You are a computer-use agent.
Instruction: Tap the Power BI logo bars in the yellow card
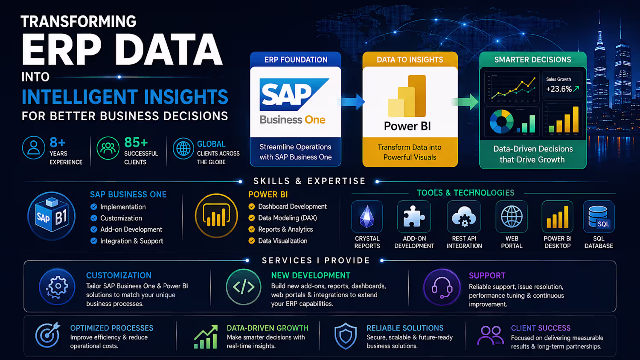pyautogui.click(x=407, y=96)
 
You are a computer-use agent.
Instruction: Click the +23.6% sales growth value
pyautogui.click(x=559, y=89)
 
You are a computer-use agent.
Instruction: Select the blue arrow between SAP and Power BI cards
pyautogui.click(x=353, y=102)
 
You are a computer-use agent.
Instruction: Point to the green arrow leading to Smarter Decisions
pyautogui.click(x=465, y=102)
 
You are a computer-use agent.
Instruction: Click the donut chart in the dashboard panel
pyautogui.click(x=501, y=122)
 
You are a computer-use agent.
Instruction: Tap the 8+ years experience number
pyautogui.click(x=58, y=142)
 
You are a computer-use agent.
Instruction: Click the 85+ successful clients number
pyautogui.click(x=136, y=142)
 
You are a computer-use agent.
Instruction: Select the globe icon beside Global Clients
pyautogui.click(x=183, y=148)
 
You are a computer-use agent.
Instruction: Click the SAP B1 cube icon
pyautogui.click(x=52, y=215)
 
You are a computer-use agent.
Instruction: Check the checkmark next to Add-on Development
pyautogui.click(x=94, y=229)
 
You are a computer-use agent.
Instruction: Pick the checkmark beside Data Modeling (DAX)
pyautogui.click(x=252, y=218)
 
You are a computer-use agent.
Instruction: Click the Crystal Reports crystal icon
pyautogui.click(x=367, y=217)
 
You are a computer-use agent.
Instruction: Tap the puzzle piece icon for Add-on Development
pyautogui.click(x=414, y=216)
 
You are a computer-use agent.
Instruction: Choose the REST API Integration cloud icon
pyautogui.click(x=464, y=217)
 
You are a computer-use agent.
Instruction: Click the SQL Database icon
pyautogui.click(x=599, y=217)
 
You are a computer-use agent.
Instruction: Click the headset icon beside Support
pyautogui.click(x=442, y=287)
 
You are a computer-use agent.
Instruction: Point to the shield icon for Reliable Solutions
pyautogui.click(x=346, y=336)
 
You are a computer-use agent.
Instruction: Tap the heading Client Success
pyautogui.click(x=541, y=328)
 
